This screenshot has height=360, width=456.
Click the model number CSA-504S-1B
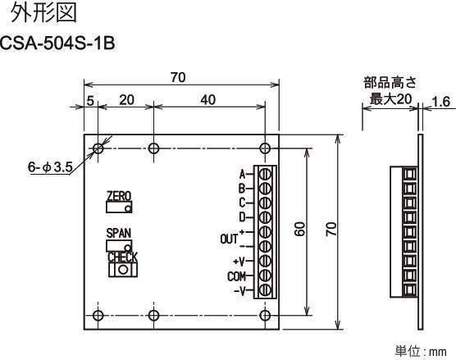pyautogui.click(x=57, y=43)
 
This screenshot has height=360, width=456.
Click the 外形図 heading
pyautogui.click(x=44, y=13)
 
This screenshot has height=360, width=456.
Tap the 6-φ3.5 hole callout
pyautogui.click(x=50, y=167)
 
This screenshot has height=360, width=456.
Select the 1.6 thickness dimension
pyautogui.click(x=441, y=102)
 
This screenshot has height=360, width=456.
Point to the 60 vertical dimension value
pyautogui.click(x=300, y=229)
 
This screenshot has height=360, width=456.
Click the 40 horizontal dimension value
pyautogui.click(x=208, y=100)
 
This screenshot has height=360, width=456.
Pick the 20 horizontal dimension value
pyautogui.click(x=127, y=100)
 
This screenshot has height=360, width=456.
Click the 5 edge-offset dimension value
pyautogui.click(x=90, y=101)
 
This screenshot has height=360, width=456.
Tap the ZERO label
pyautogui.click(x=119, y=196)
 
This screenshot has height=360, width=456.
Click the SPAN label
pyautogui.click(x=119, y=233)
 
